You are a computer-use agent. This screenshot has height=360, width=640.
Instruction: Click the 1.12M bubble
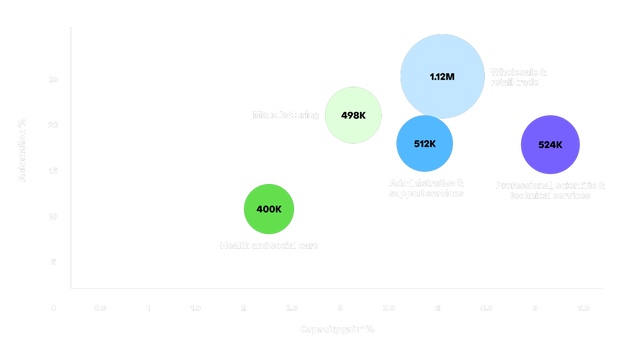click(x=441, y=76)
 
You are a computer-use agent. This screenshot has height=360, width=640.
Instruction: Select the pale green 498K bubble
click(x=352, y=115)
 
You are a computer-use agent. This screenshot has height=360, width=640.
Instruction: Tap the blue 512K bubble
click(x=425, y=144)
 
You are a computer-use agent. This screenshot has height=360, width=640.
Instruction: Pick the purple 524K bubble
click(x=550, y=145)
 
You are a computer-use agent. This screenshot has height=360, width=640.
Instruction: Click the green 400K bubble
click(x=269, y=209)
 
